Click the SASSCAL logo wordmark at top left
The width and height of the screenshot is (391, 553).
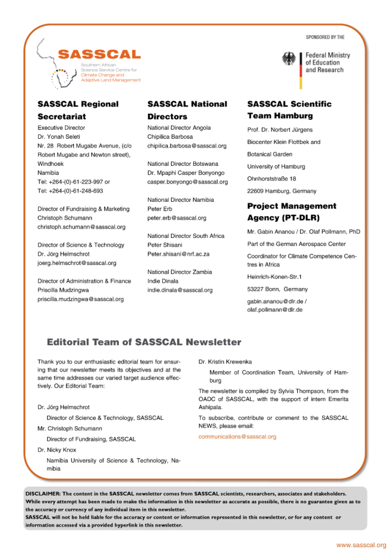tap(99, 54)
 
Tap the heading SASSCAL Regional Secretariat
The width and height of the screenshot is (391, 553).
tap(78, 110)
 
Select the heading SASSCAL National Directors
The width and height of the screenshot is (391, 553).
tap(187, 110)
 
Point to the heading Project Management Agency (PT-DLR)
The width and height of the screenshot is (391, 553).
tap(292, 212)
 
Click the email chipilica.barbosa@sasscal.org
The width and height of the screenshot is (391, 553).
tap(187, 146)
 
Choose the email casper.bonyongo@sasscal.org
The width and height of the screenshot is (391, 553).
tap(187, 182)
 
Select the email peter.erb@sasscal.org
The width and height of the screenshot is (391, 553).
tap(177, 218)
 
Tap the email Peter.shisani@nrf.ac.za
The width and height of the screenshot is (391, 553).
tap(178, 254)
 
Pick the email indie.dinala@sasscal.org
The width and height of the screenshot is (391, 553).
tap(179, 290)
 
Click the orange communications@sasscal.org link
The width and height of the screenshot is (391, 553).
tap(237, 437)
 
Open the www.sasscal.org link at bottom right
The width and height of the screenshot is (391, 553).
tap(361, 545)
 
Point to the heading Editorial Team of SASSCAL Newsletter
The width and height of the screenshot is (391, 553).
tap(144, 342)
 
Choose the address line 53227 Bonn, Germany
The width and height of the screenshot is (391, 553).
tap(277, 290)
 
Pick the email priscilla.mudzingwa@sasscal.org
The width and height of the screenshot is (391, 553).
tap(80, 299)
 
